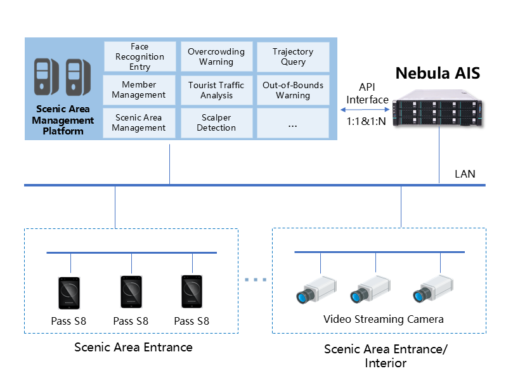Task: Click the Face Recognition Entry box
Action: [x=139, y=57]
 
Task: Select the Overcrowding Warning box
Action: [x=216, y=57]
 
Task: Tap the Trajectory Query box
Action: [x=292, y=57]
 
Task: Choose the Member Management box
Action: [x=139, y=90]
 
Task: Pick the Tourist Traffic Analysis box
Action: [x=216, y=90]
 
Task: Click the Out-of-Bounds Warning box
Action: [x=292, y=90]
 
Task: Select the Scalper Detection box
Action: [x=216, y=123]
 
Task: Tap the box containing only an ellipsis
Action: [x=292, y=123]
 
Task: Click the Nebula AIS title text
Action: [x=438, y=73]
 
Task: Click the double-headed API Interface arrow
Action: [x=367, y=108]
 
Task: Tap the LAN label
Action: [x=465, y=174]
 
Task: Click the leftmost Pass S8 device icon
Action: [x=70, y=293]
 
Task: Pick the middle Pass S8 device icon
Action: [x=131, y=293]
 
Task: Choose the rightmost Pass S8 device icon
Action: [x=192, y=293]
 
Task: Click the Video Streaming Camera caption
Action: [x=383, y=319]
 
